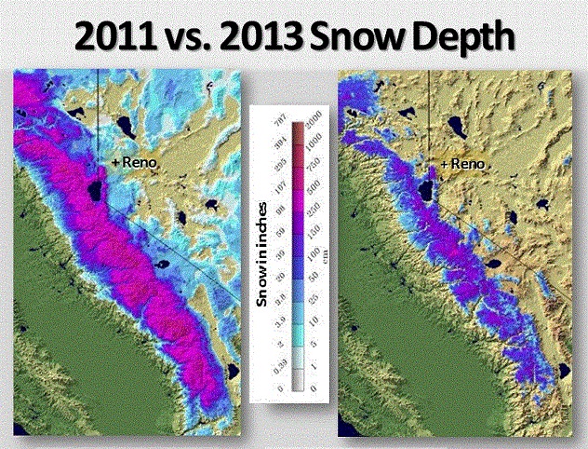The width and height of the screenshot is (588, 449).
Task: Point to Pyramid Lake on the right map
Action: point(456,125)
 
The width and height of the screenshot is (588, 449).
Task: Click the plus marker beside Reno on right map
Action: point(444,164)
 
